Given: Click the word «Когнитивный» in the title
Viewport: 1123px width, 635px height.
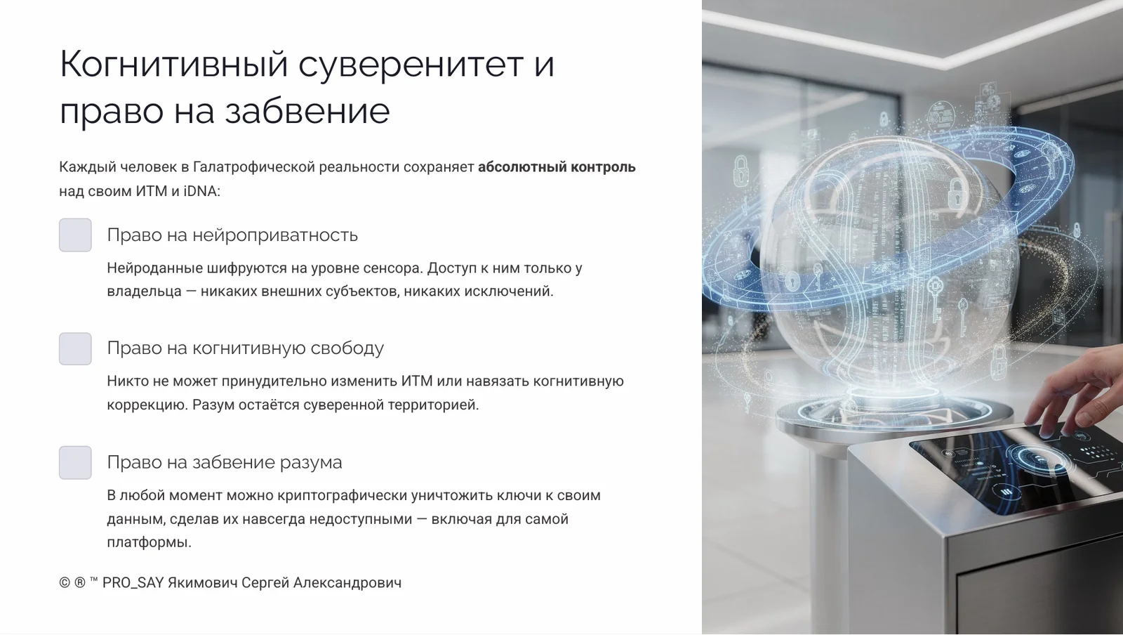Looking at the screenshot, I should click(x=173, y=65).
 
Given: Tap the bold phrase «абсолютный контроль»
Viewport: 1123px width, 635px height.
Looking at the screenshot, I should click(x=557, y=167).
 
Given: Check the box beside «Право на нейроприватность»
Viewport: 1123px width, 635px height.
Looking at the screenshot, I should click(x=75, y=235).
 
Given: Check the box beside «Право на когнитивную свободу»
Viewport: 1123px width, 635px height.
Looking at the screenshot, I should click(x=75, y=348).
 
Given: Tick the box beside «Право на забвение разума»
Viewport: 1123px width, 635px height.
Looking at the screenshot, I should click(x=75, y=462).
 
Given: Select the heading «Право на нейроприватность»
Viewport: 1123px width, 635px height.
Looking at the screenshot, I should click(x=232, y=235).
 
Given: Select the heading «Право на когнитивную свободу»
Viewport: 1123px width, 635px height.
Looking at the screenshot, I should click(x=245, y=348).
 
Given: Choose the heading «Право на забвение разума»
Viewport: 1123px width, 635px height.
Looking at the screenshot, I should click(x=224, y=462).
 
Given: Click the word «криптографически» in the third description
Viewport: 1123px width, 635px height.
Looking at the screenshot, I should click(x=342, y=495).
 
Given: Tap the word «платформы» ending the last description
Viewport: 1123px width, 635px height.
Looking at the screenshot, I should click(x=148, y=542).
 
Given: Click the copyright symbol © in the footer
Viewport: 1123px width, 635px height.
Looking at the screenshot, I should click(x=65, y=582).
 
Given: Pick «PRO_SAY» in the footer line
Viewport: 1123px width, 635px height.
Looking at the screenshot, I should click(x=133, y=582).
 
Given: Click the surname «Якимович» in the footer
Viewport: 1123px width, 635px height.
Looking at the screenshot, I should click(x=202, y=582).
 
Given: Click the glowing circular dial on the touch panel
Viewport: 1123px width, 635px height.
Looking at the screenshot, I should click(x=1039, y=460).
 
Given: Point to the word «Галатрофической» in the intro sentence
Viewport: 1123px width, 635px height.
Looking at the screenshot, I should click(x=254, y=167).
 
